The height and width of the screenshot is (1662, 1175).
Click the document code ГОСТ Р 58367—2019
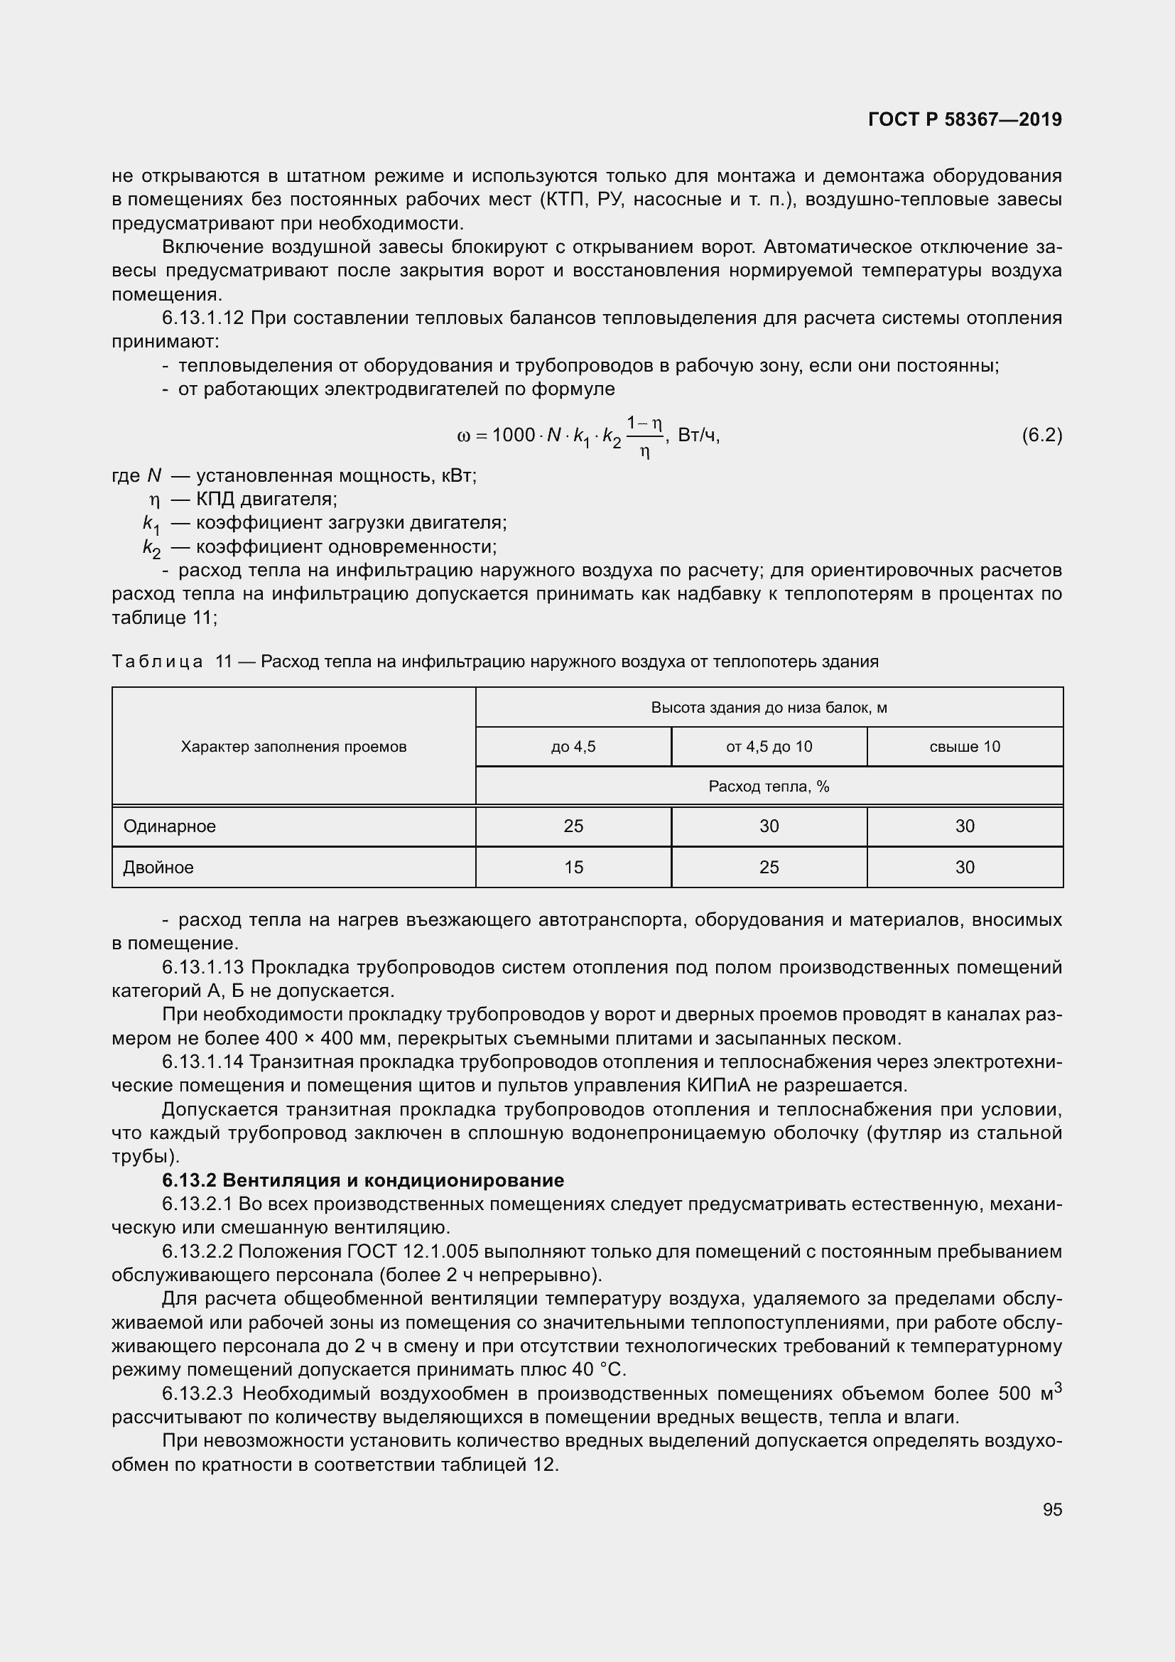click(x=965, y=119)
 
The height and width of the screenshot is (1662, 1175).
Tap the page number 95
click(x=1052, y=1509)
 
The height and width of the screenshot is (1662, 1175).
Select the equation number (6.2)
click(x=1041, y=435)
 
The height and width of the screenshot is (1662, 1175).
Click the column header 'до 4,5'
click(x=573, y=746)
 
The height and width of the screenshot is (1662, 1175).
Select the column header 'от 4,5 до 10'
click(x=769, y=746)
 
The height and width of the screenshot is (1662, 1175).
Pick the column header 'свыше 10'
click(x=965, y=746)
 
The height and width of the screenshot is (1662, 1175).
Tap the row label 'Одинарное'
click(x=169, y=826)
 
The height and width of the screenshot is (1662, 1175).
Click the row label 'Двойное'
click(x=158, y=867)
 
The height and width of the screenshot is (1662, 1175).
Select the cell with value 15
click(x=573, y=867)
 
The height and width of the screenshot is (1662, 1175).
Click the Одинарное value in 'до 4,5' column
click(x=573, y=826)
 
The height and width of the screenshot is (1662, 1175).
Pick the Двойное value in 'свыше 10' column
click(x=965, y=867)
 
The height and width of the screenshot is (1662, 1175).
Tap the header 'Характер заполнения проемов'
click(x=294, y=746)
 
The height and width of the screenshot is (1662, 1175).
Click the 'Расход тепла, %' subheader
click(x=769, y=786)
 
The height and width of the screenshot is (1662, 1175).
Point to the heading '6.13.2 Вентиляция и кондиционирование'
click(x=362, y=1181)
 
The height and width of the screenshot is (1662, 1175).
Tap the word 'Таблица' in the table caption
click(x=157, y=662)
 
